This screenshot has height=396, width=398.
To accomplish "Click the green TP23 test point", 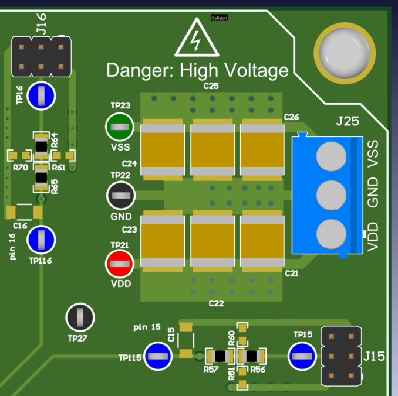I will coord(119,127).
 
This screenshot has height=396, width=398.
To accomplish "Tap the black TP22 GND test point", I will coord(120,196).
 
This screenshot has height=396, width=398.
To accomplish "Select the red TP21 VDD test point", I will coord(120,264).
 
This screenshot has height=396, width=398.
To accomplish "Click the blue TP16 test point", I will coord(42,95).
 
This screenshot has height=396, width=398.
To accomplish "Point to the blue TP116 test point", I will coord(42,239).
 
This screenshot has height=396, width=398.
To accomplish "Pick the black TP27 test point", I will coord(79,318).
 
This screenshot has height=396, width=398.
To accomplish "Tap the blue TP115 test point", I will coord(158,356).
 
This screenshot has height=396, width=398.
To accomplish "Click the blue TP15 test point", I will coord(302,356).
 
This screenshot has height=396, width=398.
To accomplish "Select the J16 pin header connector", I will coord(41,56).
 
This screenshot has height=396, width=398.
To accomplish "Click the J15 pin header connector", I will coord(342,356).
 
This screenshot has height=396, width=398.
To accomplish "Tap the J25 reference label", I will coord(348,122).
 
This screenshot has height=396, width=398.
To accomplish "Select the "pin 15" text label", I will coord(147,326).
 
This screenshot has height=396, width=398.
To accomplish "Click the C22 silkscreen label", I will coord(217,303).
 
